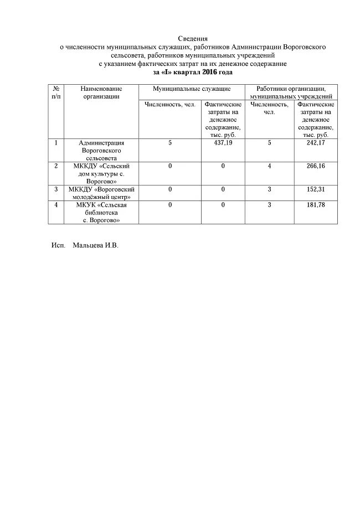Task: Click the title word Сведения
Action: pyautogui.click(x=193, y=38)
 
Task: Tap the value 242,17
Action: pyautogui.click(x=315, y=143)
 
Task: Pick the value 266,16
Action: pyautogui.click(x=315, y=166)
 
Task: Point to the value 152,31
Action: pyautogui.click(x=315, y=189)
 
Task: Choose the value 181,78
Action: pyautogui.click(x=315, y=205)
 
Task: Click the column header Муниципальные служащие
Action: pyautogui.click(x=192, y=89)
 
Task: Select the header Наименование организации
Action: pyautogui.click(x=101, y=92)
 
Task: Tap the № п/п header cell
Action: pyautogui.click(x=56, y=92)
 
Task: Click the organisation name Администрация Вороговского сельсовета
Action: pyautogui.click(x=101, y=150)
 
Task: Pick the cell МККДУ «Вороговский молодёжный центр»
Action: pyautogui.click(x=101, y=193)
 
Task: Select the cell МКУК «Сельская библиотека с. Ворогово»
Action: pyautogui.click(x=101, y=213)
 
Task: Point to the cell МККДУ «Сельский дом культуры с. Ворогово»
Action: pyautogui.click(x=101, y=173)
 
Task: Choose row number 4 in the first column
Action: pyautogui.click(x=56, y=205)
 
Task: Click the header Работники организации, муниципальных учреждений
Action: pyautogui.click(x=291, y=92)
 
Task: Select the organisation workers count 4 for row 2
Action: pyautogui.click(x=269, y=166)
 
